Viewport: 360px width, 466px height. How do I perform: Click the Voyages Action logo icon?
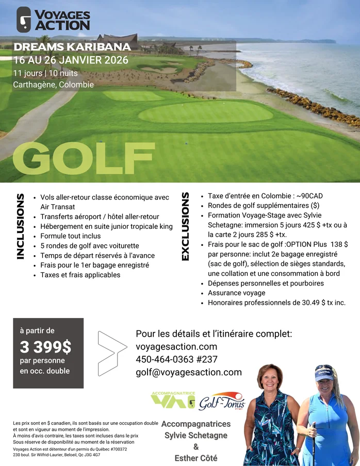point(24,20)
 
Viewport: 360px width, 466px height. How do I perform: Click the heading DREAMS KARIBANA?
point(72,47)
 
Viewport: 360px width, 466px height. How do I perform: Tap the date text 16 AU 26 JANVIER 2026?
point(71,60)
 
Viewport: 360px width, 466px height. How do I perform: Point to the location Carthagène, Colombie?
point(54,85)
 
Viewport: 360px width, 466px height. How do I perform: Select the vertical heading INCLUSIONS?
point(21,226)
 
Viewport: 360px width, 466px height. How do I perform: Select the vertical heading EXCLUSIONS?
point(185,226)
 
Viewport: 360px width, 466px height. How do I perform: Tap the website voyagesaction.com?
point(176,346)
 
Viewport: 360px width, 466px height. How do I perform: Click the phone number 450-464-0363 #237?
point(177,359)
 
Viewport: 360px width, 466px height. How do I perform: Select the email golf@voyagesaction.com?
point(189,372)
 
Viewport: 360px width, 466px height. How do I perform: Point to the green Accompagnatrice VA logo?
point(173,400)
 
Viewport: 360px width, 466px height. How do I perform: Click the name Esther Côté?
point(196,458)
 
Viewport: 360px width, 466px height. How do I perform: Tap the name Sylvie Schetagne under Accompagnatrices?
point(196,436)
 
